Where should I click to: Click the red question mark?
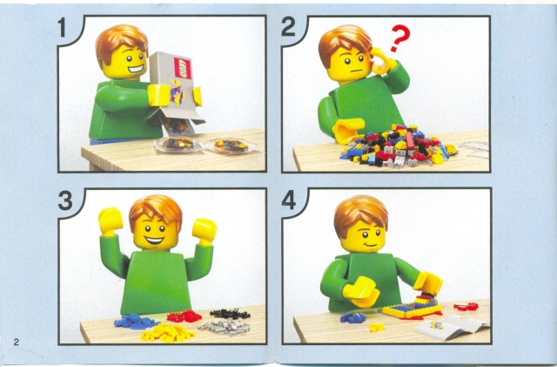click(399, 38)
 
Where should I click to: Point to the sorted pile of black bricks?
click(229, 313)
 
